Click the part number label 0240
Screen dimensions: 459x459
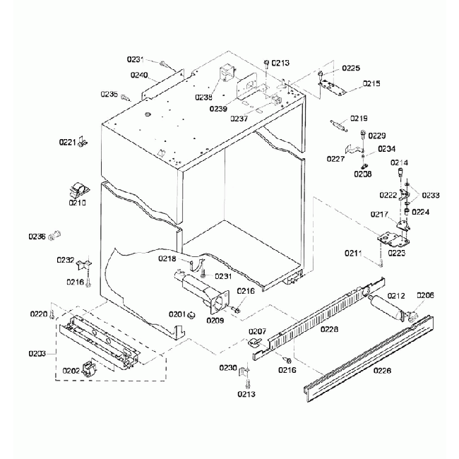(138, 75)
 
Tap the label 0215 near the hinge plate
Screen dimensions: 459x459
(371, 83)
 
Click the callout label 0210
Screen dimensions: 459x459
(77, 203)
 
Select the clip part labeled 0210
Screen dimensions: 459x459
(78, 189)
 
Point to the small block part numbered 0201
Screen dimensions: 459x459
(191, 314)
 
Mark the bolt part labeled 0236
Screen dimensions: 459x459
(54, 236)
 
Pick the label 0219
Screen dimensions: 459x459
(359, 118)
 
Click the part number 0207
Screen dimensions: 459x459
(256, 331)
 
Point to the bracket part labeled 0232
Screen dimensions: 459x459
(84, 263)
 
